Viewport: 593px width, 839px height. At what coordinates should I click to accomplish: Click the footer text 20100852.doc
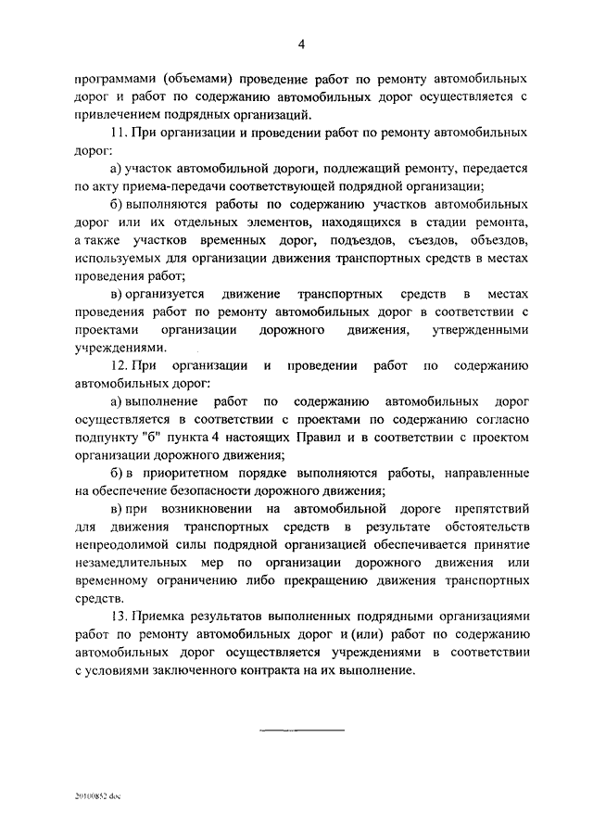(x=99, y=796)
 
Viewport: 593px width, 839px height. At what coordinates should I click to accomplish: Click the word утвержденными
(x=488, y=330)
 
